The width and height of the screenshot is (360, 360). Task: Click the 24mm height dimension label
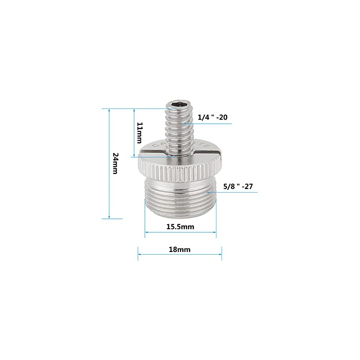tap(115, 163)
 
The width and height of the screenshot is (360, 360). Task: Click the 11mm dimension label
tap(139, 132)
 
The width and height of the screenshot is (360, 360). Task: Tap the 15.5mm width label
tap(180, 227)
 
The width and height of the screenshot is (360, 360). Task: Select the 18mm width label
tap(180, 249)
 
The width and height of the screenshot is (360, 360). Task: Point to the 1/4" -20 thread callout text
tap(213, 117)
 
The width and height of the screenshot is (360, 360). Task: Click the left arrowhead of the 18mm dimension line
tap(139, 254)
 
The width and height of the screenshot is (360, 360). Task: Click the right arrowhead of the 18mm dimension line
tap(220, 254)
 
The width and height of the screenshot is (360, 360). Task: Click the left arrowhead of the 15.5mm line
tap(146, 233)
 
